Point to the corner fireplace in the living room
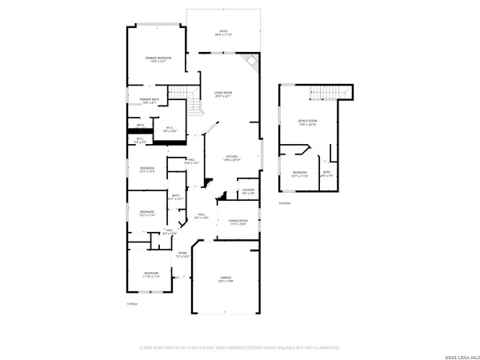click(x=251, y=62)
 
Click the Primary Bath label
click(x=150, y=101)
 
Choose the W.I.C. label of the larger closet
click(x=170, y=129)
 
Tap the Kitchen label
click(x=232, y=158)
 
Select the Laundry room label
click(x=248, y=192)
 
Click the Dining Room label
click(x=238, y=222)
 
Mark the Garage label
click(x=226, y=279)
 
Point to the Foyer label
click(x=182, y=255)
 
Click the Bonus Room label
click(x=308, y=122)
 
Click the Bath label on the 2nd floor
click(x=326, y=174)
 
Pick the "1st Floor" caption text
click(x=133, y=304)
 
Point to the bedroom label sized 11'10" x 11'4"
click(x=151, y=274)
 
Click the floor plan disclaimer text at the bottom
click(x=240, y=348)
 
